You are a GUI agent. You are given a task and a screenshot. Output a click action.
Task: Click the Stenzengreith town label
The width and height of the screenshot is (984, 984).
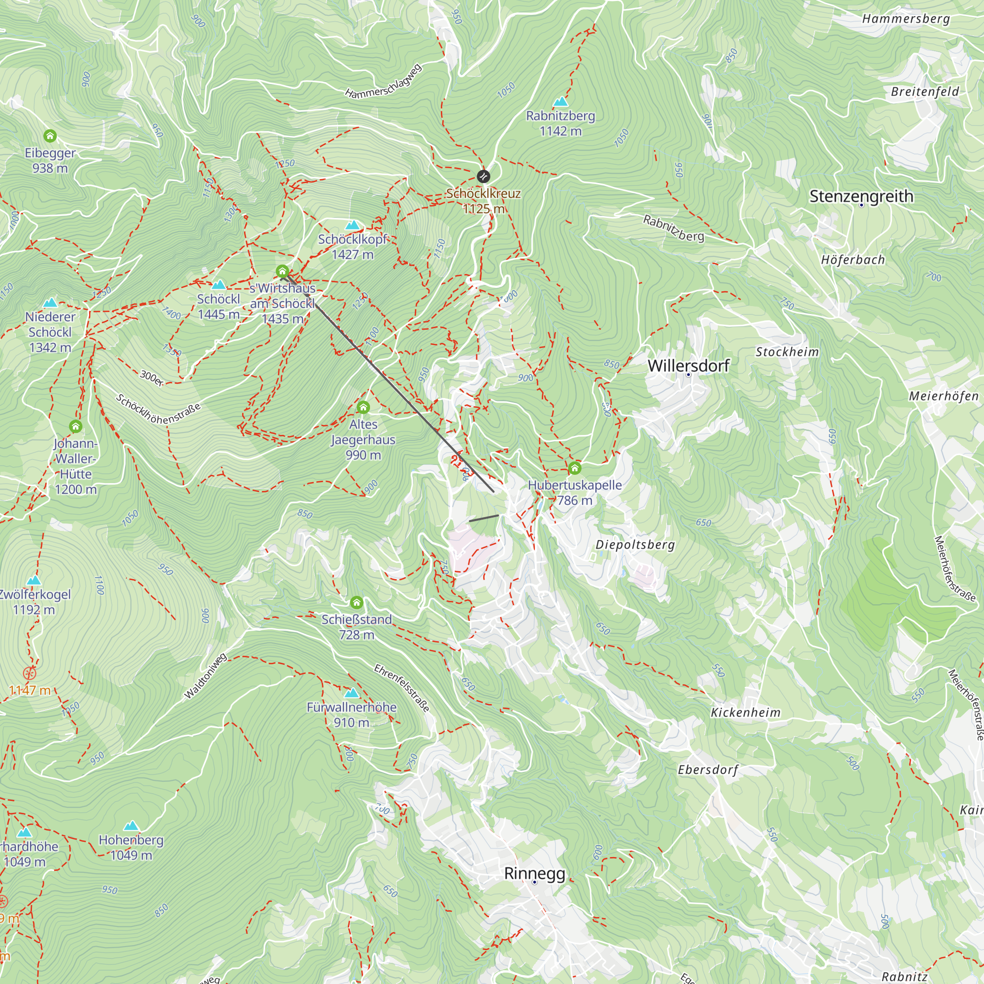861,196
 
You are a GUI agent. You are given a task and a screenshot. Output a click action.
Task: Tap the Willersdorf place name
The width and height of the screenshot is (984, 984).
689,365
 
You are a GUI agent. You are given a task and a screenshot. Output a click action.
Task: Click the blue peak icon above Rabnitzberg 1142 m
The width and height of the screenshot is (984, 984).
560,101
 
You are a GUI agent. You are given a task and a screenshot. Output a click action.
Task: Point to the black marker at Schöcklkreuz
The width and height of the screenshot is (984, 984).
483,176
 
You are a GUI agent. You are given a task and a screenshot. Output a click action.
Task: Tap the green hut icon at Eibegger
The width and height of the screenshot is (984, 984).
50,136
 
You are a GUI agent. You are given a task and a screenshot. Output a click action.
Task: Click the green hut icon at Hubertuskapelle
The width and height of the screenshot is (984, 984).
575,467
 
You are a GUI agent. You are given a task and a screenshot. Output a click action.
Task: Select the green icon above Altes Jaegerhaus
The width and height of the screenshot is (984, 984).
363,407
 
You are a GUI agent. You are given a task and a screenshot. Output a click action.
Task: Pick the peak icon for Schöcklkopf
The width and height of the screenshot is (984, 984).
352,225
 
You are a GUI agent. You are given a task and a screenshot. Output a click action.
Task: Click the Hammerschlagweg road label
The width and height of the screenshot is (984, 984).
384,81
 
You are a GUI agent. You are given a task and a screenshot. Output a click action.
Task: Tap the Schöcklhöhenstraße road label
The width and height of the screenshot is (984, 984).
158,409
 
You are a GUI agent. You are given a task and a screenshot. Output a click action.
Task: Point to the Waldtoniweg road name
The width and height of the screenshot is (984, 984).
205,676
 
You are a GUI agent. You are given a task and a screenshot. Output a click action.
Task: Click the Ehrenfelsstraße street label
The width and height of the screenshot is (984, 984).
402,688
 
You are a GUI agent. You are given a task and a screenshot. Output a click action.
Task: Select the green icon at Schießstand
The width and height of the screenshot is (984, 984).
357,603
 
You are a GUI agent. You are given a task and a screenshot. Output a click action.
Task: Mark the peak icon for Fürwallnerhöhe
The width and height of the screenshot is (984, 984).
351,693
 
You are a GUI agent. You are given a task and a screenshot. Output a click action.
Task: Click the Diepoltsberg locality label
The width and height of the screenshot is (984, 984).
635,545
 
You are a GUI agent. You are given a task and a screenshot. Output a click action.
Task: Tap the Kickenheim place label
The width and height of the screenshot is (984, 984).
746,712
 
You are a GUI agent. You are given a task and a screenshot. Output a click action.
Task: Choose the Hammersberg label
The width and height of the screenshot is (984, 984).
906,19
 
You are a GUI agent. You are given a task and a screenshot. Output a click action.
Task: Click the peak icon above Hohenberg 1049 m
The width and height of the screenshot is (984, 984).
131,826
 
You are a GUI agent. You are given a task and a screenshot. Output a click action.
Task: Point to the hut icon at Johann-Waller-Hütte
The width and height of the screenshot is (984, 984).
75,426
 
